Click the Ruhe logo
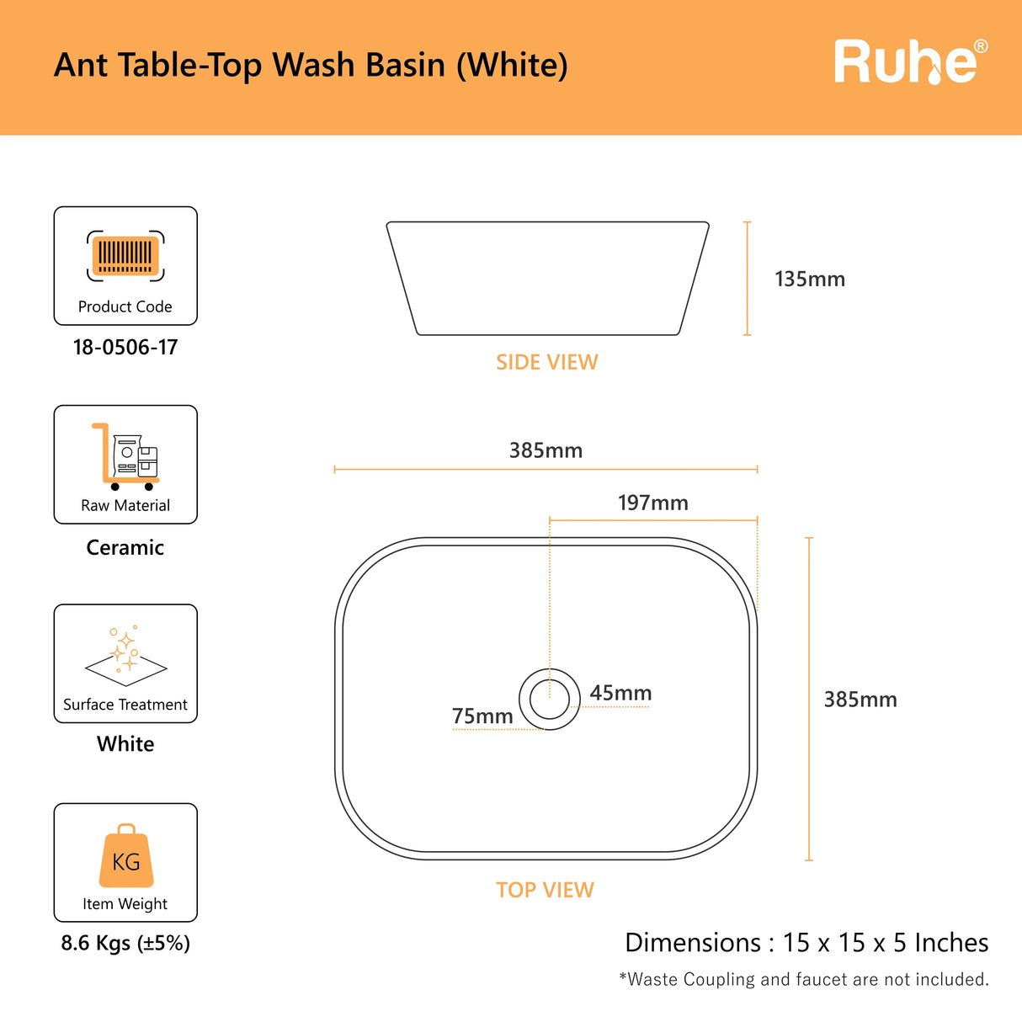pyautogui.click(x=911, y=61)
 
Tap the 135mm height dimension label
pyautogui.click(x=810, y=279)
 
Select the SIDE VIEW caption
pyautogui.click(x=547, y=362)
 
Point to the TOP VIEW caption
pyautogui.click(x=546, y=890)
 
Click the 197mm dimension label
pyautogui.click(x=653, y=503)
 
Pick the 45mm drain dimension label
pyautogui.click(x=620, y=693)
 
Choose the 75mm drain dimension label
pyautogui.click(x=482, y=716)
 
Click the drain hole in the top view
pyautogui.click(x=550, y=699)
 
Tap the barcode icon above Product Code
pyautogui.click(x=125, y=256)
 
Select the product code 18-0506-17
pyautogui.click(x=125, y=348)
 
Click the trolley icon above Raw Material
pyautogui.click(x=125, y=456)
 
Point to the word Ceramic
pyautogui.click(x=125, y=547)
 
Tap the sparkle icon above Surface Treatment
pyautogui.click(x=125, y=656)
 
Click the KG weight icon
pyautogui.click(x=126, y=855)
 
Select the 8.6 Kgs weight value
pyautogui.click(x=125, y=944)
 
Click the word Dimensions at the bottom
pyautogui.click(x=693, y=943)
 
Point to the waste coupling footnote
pyautogui.click(x=804, y=979)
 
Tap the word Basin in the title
pyautogui.click(x=406, y=65)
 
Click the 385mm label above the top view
pyautogui.click(x=546, y=450)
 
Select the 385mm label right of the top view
pyautogui.click(x=860, y=700)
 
